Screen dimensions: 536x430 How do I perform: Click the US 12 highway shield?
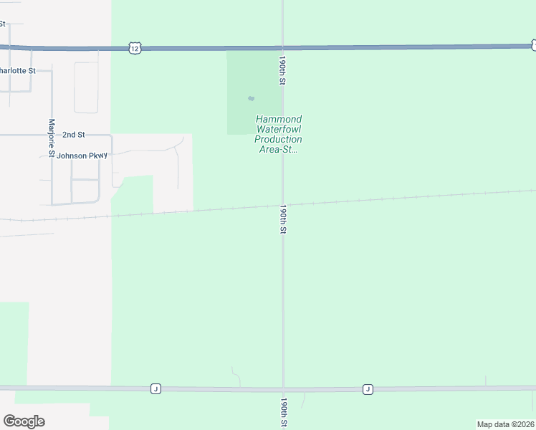[135, 48]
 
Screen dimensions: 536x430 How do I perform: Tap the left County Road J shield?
[155, 388]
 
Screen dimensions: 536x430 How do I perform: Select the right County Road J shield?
[368, 388]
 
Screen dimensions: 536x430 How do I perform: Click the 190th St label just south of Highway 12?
[283, 71]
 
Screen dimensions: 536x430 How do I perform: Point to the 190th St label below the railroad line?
[284, 219]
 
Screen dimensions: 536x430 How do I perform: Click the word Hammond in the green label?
[279, 119]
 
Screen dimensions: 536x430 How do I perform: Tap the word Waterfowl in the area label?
[279, 129]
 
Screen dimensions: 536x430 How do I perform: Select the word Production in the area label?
[279, 139]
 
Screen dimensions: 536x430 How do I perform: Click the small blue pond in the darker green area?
[251, 98]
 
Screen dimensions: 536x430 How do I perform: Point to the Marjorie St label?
[52, 138]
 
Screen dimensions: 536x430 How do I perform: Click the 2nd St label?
[74, 134]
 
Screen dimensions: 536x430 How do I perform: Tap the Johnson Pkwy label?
[82, 156]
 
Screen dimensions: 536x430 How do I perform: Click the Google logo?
[24, 421]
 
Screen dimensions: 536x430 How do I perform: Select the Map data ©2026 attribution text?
[506, 424]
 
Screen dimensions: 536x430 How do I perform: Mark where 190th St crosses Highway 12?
[283, 47]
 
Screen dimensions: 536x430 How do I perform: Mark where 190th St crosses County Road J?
[284, 389]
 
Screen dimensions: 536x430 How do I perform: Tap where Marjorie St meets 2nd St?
[52, 134]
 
